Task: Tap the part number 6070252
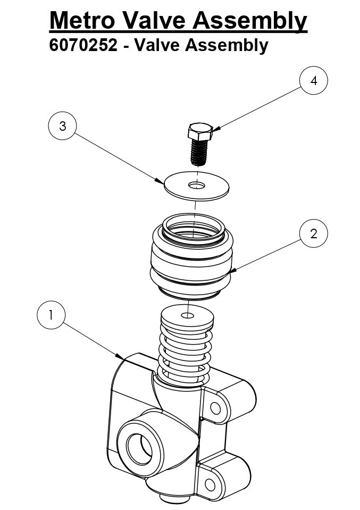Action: point(83,45)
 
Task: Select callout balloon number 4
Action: point(313,81)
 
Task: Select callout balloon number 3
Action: point(62,126)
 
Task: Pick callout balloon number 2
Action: point(313,233)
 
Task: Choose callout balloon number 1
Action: point(51,315)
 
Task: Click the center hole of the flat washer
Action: point(196,185)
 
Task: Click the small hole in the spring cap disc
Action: point(188,316)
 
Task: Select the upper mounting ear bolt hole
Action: point(215,408)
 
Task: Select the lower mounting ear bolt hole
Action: point(210,484)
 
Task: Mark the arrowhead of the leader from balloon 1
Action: point(123,357)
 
